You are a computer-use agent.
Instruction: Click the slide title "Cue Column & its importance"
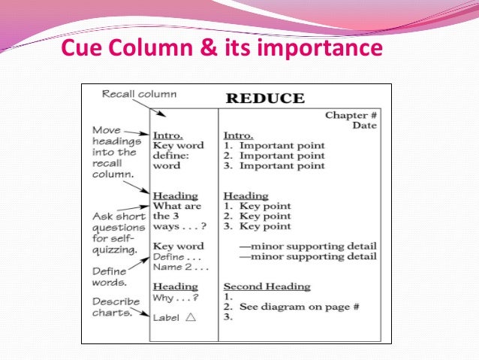click(221, 50)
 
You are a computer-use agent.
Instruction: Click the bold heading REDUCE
click(265, 98)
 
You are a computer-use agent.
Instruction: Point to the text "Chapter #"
click(351, 115)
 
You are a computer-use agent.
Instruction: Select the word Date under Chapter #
click(364, 125)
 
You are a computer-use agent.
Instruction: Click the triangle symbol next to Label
click(191, 317)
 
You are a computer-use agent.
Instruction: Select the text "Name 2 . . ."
click(180, 267)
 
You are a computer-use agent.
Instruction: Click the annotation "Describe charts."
click(117, 307)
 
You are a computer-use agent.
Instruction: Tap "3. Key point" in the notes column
click(258, 226)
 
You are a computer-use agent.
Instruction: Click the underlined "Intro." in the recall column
click(167, 135)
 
